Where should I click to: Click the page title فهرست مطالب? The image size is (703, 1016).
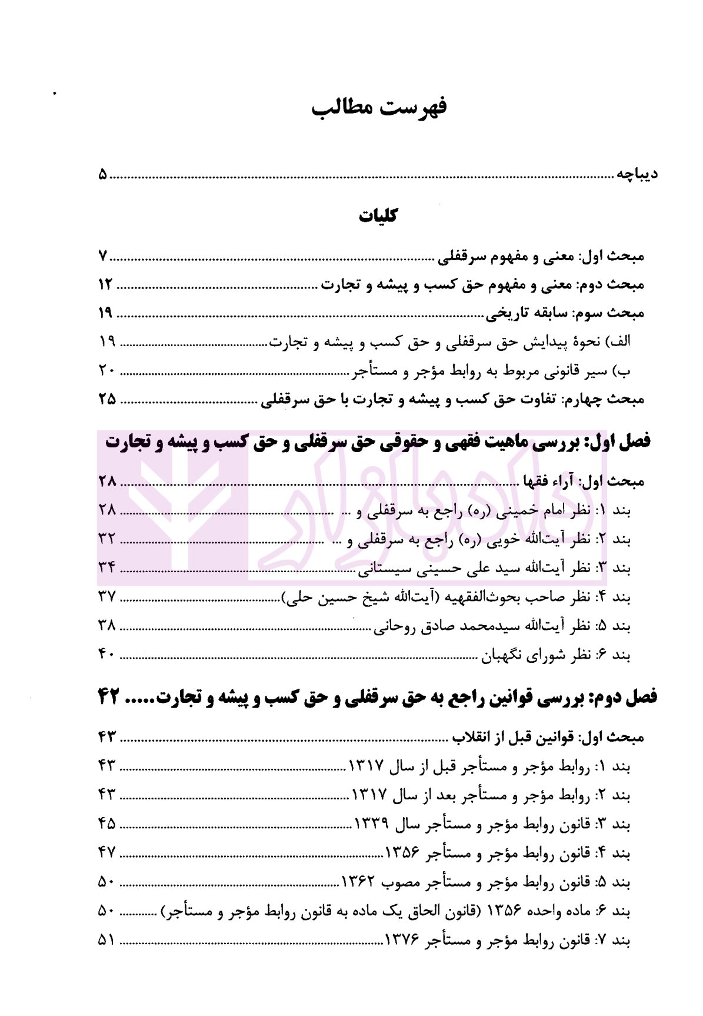(379, 108)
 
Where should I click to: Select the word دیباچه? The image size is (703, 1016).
(637, 174)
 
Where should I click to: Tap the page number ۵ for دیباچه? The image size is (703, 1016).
(103, 175)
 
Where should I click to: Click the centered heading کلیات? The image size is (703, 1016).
(378, 216)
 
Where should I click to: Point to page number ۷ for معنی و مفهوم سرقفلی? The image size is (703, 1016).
(103, 257)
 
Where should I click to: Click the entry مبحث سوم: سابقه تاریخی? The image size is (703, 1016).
(565, 313)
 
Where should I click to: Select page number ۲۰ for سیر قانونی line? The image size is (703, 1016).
(106, 371)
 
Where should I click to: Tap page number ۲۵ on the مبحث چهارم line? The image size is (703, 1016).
(106, 400)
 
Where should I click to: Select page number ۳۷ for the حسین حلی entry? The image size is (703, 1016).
(106, 597)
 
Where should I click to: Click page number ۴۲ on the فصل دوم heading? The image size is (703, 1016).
(109, 698)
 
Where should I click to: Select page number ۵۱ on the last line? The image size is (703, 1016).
(106, 940)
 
